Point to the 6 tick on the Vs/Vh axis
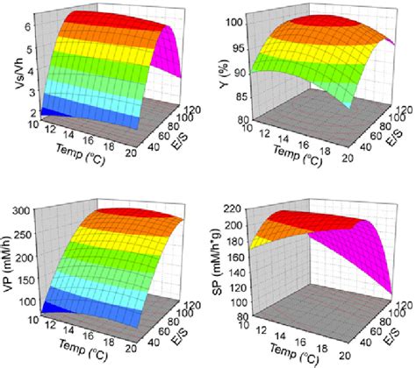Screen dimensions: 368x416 pos(28,28)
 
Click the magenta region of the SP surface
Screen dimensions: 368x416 pos(377,254)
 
